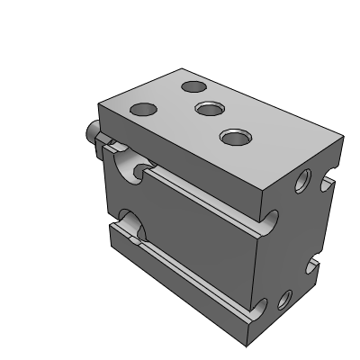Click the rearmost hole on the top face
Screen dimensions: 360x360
point(193,87)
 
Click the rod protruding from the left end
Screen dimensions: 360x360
point(90,135)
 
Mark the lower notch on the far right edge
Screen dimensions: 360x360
point(312,266)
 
